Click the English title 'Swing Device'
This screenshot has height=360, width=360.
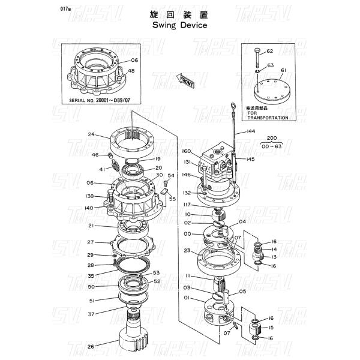pyautogui.click(x=179, y=26)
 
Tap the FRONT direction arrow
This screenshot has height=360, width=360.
pyautogui.click(x=186, y=81)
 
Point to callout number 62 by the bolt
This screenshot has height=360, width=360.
pyautogui.click(x=270, y=52)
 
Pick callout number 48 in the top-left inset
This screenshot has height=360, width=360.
pyautogui.click(x=131, y=71)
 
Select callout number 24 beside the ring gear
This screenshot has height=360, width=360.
pyautogui.click(x=92, y=134)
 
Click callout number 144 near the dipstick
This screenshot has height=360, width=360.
pyautogui.click(x=251, y=131)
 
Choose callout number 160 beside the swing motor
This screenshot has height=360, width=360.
pyautogui.click(x=186, y=151)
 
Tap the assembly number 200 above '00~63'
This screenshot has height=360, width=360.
pyautogui.click(x=272, y=138)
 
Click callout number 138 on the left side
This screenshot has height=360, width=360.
pyautogui.click(x=90, y=196)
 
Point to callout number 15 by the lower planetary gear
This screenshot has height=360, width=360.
pyautogui.click(x=271, y=328)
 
